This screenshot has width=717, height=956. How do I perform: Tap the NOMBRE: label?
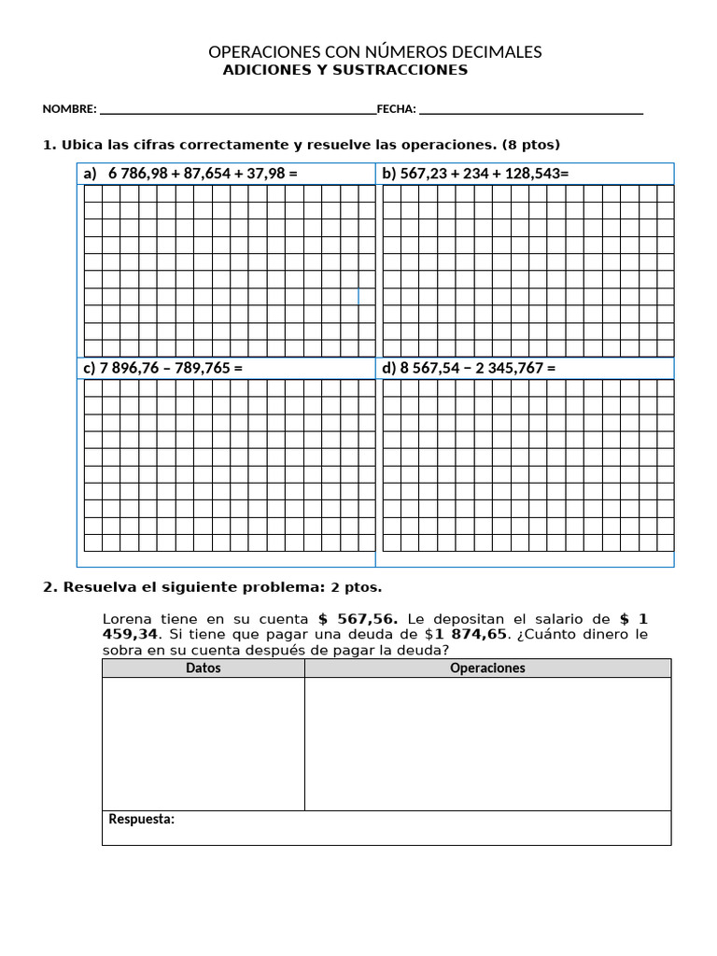(x=69, y=109)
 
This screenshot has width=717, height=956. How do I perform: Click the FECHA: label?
(x=396, y=109)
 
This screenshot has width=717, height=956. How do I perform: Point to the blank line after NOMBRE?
(x=237, y=111)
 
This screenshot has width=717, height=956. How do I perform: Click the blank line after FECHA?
(x=531, y=111)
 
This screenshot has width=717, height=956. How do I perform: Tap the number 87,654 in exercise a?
(x=205, y=174)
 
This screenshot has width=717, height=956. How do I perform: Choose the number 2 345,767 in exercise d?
(x=513, y=369)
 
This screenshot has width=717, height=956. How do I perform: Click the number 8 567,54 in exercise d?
(x=432, y=369)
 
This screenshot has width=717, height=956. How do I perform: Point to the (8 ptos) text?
(x=531, y=145)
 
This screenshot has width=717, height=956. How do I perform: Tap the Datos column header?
(x=204, y=668)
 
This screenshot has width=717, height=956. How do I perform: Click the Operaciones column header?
(x=487, y=668)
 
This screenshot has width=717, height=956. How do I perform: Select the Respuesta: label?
(x=142, y=820)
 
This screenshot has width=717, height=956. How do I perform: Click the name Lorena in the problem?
(x=128, y=619)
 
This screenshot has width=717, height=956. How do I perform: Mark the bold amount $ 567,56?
(x=358, y=619)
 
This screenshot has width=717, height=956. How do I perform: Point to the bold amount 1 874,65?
(x=471, y=635)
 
